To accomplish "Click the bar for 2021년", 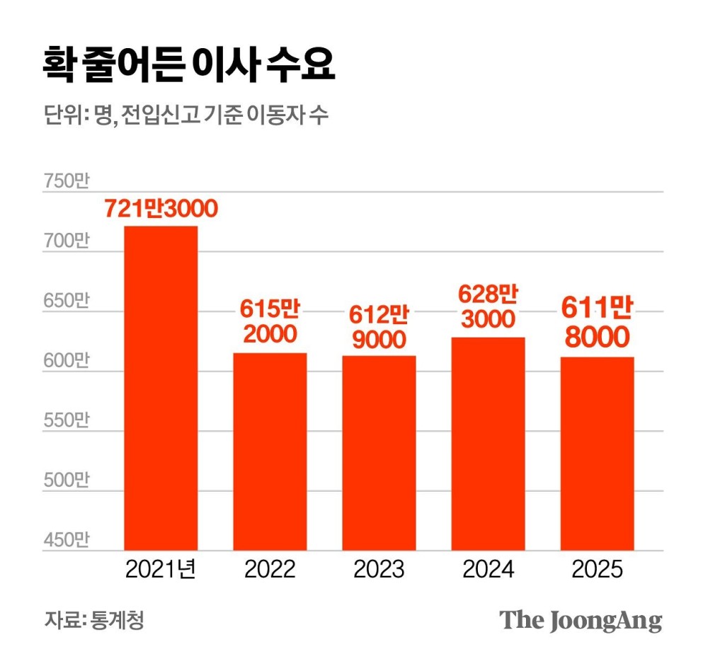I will click(161, 388).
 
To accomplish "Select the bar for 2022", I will click(270, 452).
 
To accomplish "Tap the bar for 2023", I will click(379, 453).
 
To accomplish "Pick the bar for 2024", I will click(488, 444).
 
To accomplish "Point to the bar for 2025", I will click(597, 454).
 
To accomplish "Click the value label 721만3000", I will click(161, 209).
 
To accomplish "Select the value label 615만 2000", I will click(270, 322).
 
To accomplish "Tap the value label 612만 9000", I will click(379, 326).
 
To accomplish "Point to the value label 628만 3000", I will click(488, 306).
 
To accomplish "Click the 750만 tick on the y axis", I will click(66, 182).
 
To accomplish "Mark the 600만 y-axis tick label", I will click(66, 361).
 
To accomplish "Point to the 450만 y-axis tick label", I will click(66, 541).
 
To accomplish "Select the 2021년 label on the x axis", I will click(161, 570).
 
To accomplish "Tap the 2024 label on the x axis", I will click(488, 570).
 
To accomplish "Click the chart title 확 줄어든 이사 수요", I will click(188, 67).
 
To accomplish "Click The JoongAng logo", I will click(581, 621).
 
